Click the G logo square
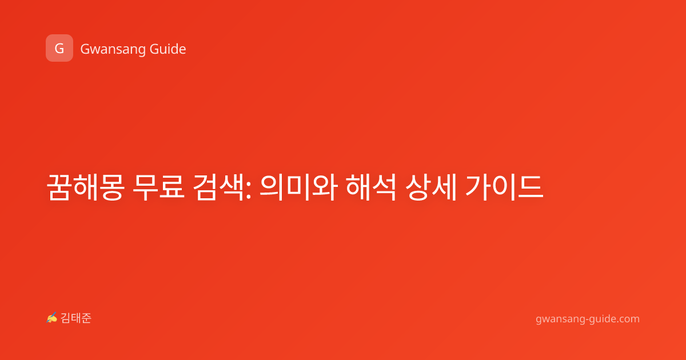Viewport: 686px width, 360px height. point(59,48)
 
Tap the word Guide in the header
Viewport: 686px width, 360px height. point(168,49)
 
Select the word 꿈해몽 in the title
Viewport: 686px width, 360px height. point(85,187)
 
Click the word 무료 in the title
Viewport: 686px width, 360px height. point(159,187)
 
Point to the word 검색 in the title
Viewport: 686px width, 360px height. point(218,187)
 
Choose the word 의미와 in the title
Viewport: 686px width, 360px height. point(298,187)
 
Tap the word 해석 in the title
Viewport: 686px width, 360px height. point(371,187)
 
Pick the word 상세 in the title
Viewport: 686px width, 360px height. point(431,187)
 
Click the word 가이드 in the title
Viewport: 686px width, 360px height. point(504,187)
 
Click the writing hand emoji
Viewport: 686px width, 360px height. point(51,318)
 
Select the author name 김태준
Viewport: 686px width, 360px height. point(76,318)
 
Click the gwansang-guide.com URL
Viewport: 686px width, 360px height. point(588,319)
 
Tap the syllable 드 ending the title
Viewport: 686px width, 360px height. point(531,187)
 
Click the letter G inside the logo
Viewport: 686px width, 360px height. point(59,49)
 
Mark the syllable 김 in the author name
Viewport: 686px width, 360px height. point(66,318)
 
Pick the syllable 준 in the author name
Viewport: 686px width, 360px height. point(86,318)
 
